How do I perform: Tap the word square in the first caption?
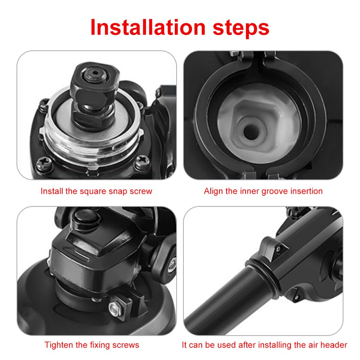(92, 191)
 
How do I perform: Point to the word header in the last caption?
(334, 345)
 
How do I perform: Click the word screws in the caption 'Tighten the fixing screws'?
(126, 345)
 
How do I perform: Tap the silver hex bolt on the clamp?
(114, 309)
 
